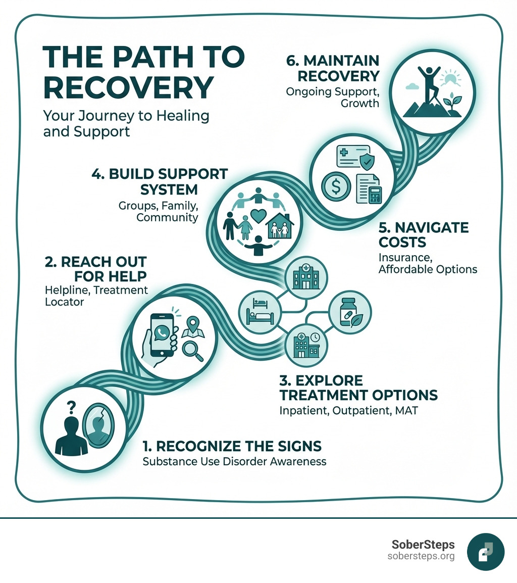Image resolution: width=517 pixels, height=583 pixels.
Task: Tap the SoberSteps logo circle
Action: click(486, 552)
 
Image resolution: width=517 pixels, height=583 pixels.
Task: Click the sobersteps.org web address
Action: click(421, 556)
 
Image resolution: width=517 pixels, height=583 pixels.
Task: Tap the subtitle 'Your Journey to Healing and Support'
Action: click(126, 123)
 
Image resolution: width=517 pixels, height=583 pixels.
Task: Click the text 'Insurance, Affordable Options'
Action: click(428, 263)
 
